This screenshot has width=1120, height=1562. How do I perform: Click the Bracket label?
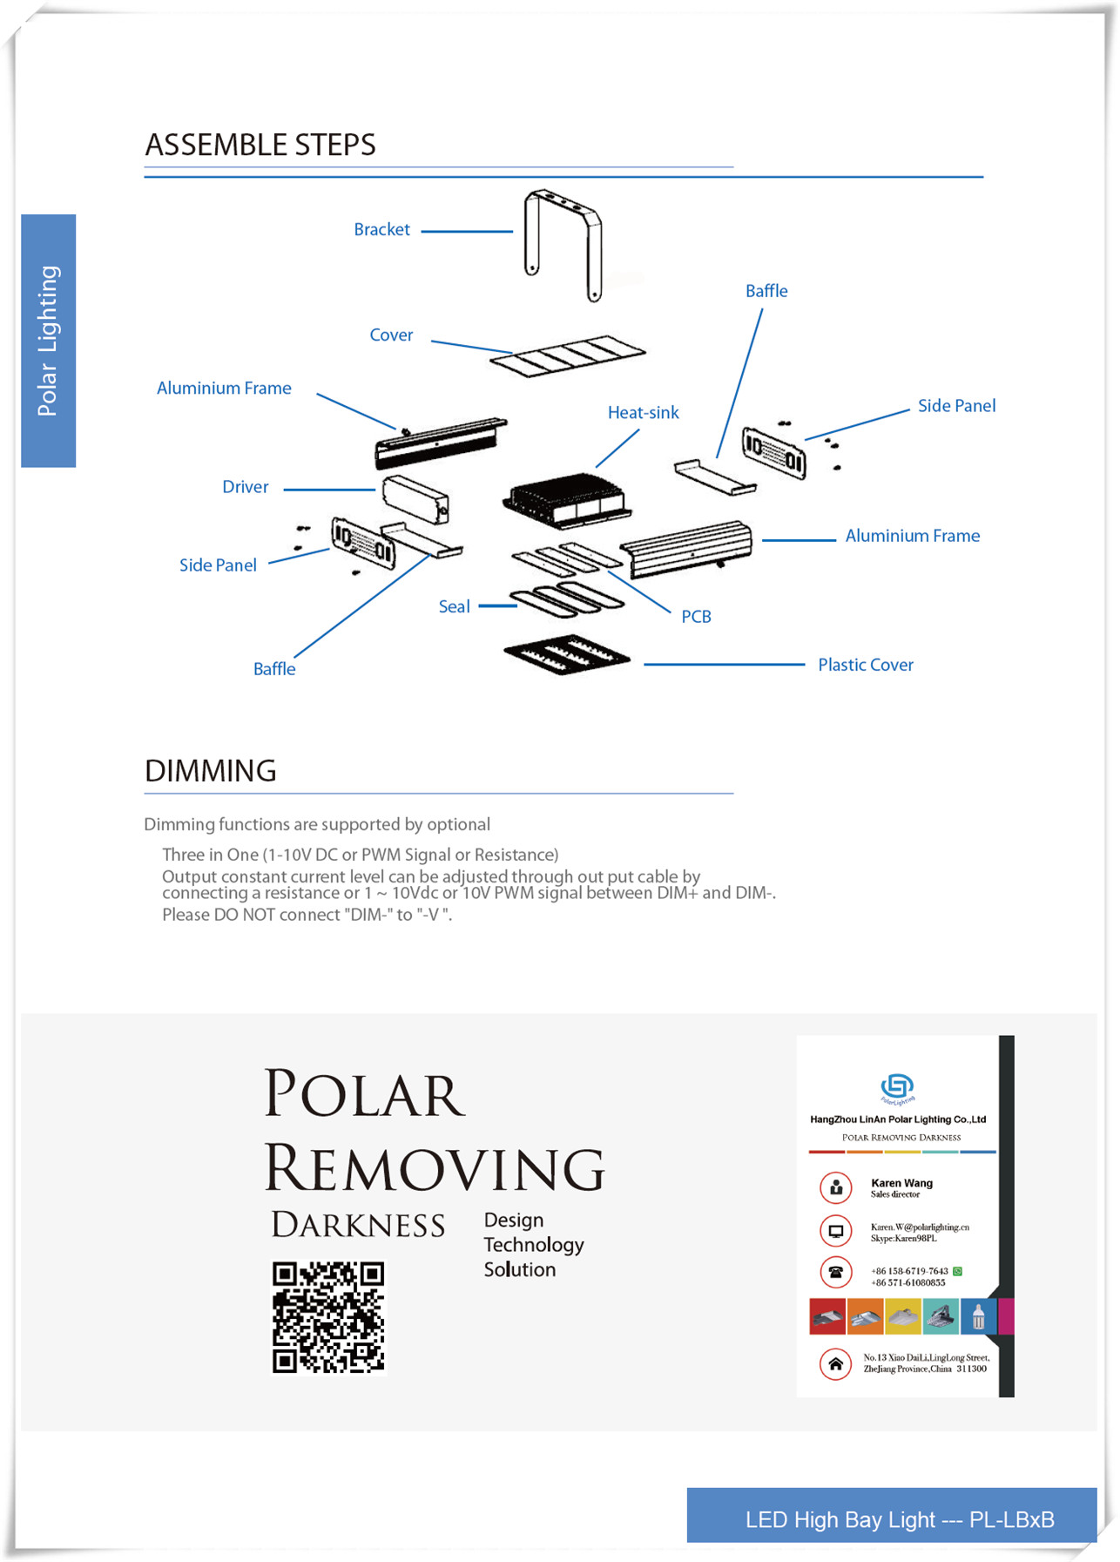click(x=381, y=230)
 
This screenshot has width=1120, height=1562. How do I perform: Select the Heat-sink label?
click(x=643, y=413)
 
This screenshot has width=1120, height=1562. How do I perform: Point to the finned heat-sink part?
click(x=566, y=502)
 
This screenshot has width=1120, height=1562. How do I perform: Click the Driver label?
click(x=245, y=487)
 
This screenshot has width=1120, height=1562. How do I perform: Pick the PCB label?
click(x=696, y=617)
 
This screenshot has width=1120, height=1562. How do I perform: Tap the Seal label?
click(x=454, y=606)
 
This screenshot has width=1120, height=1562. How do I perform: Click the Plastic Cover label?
click(x=865, y=665)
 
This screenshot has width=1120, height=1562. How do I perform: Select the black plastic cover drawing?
click(x=566, y=654)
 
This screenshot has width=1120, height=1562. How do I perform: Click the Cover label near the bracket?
click(x=391, y=335)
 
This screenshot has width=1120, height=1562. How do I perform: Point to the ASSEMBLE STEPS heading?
click(x=260, y=145)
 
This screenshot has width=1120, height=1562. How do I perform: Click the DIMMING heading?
click(x=211, y=771)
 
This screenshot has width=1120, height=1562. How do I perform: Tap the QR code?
click(x=328, y=1316)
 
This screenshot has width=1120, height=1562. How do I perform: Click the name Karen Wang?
click(x=901, y=1183)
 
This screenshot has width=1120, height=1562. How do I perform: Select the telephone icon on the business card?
click(x=835, y=1272)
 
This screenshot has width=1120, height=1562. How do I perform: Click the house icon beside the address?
click(x=835, y=1364)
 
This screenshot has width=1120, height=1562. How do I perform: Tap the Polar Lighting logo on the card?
click(x=897, y=1087)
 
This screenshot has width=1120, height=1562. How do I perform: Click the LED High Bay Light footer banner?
click(x=891, y=1518)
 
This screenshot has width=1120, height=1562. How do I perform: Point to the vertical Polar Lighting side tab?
click(x=49, y=341)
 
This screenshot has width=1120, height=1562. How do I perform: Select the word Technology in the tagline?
click(x=534, y=1245)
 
